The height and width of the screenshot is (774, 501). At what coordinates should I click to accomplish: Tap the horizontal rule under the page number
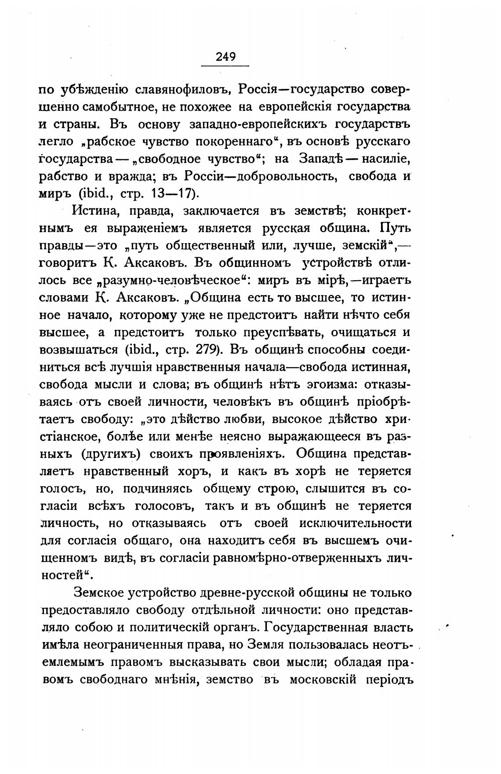pyautogui.click(x=225, y=66)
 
